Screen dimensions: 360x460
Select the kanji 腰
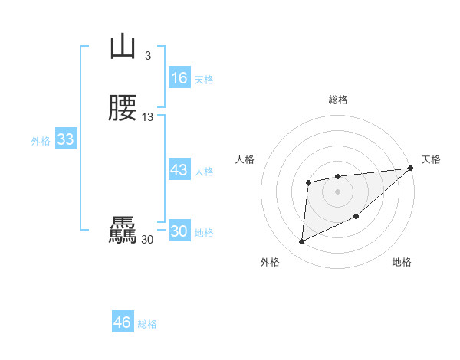coord(123,110)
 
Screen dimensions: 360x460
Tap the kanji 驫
coord(123,231)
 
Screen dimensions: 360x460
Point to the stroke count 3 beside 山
coord(148,56)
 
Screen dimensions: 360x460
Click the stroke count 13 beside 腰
coord(148,117)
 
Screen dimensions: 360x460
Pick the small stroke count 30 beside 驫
coord(147,240)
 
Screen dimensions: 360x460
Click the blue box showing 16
coord(179,78)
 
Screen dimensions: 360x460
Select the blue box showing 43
coord(179,170)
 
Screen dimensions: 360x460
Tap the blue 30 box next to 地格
coord(179,232)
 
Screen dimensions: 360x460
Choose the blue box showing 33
coord(65,139)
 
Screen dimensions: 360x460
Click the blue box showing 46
coord(123,322)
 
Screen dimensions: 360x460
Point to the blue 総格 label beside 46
coord(148,324)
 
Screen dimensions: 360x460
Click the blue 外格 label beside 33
coord(41,141)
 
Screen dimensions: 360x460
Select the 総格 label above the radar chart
coord(338,100)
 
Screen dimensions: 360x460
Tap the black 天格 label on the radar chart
coord(431,159)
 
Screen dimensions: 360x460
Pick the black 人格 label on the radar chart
coord(245,159)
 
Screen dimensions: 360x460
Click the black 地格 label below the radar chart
coord(402,263)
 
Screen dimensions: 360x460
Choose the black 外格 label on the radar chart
coord(270,263)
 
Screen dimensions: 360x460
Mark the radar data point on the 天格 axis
coord(411,169)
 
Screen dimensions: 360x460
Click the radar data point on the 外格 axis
coord(301,242)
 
